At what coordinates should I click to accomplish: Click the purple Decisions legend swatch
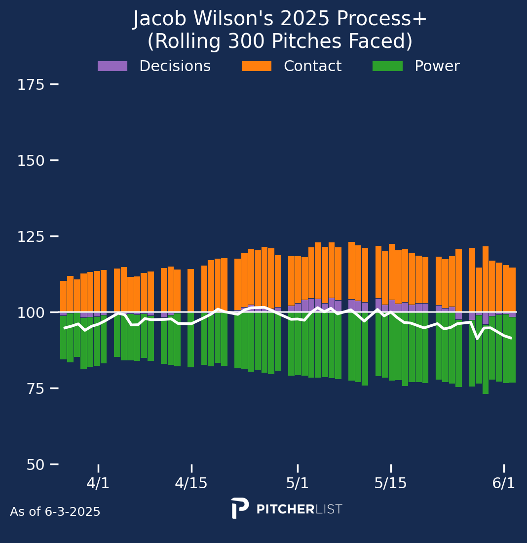point(112,66)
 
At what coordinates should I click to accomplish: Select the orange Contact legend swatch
point(256,66)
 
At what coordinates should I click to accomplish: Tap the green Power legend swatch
point(387,66)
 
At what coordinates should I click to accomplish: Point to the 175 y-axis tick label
point(31,85)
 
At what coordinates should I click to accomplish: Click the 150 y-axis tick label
point(31,161)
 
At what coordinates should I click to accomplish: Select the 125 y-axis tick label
point(31,237)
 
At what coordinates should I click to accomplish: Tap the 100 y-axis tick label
point(31,313)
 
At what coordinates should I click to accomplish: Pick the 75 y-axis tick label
point(31,389)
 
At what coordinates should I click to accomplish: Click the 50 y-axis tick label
point(31,465)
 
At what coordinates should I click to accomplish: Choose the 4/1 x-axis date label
point(98,483)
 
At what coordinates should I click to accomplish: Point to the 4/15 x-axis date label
point(191,483)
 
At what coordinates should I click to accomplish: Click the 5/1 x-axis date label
point(298,483)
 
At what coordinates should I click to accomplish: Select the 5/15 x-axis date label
point(391,483)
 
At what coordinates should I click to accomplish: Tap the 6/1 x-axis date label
point(504,483)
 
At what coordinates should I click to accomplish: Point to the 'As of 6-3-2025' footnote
point(55,512)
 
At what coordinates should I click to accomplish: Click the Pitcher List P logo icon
point(239,508)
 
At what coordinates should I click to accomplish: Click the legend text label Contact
point(312,66)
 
